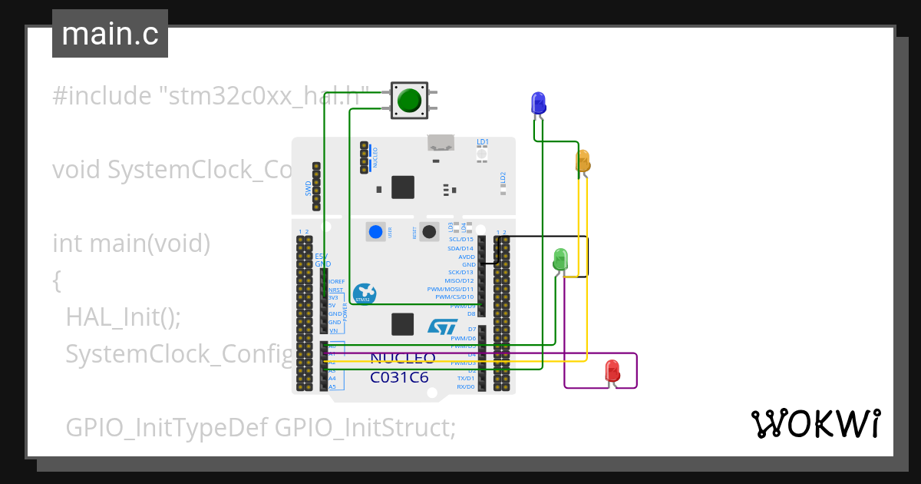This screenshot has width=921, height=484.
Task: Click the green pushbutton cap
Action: tap(409, 100)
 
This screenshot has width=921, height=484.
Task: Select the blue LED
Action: tap(539, 103)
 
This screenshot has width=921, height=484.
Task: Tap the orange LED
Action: tap(583, 161)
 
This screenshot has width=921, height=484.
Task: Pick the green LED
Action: tap(560, 259)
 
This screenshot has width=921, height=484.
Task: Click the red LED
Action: tap(612, 370)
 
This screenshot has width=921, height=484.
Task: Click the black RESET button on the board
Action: tap(429, 231)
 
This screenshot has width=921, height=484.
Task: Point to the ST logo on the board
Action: tap(442, 327)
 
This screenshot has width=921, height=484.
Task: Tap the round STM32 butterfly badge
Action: tap(365, 293)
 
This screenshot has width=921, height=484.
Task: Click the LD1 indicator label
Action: tap(482, 142)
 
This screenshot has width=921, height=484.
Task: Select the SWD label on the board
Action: tap(309, 187)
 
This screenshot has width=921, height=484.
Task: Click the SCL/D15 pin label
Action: tap(460, 240)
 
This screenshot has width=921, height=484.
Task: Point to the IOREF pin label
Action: tap(336, 282)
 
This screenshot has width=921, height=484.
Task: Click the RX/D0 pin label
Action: tap(464, 386)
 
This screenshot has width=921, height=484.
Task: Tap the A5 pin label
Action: tap(332, 386)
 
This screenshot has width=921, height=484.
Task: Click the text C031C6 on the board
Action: tap(399, 378)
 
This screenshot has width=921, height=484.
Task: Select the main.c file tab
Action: tap(110, 34)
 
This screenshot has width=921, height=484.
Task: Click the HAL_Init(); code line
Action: tap(123, 317)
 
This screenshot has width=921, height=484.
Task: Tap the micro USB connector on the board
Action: tap(441, 142)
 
